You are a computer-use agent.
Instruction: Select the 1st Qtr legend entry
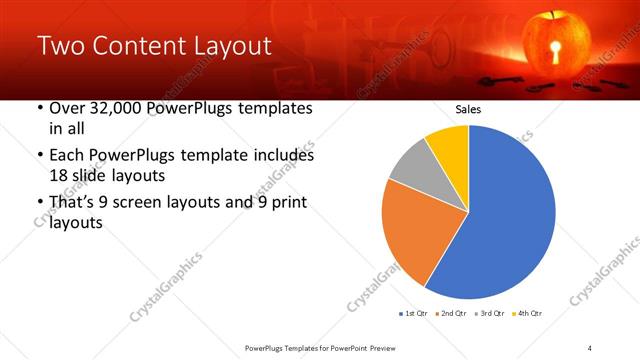(x=415, y=314)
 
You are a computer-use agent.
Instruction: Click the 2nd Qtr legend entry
(x=455, y=314)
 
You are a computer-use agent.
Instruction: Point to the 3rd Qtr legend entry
(x=493, y=314)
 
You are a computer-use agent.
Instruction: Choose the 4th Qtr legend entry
(x=529, y=314)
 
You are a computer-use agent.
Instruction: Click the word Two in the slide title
(x=62, y=47)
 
